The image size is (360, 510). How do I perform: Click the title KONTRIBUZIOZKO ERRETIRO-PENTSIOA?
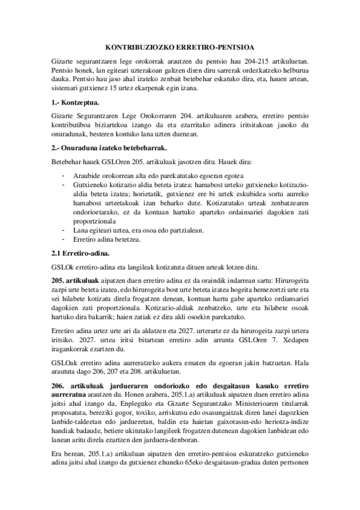[179, 46]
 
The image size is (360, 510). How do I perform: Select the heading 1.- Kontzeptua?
[75, 103]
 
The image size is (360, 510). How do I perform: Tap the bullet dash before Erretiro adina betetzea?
[64, 239]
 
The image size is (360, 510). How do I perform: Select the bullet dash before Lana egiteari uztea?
[64, 230]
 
